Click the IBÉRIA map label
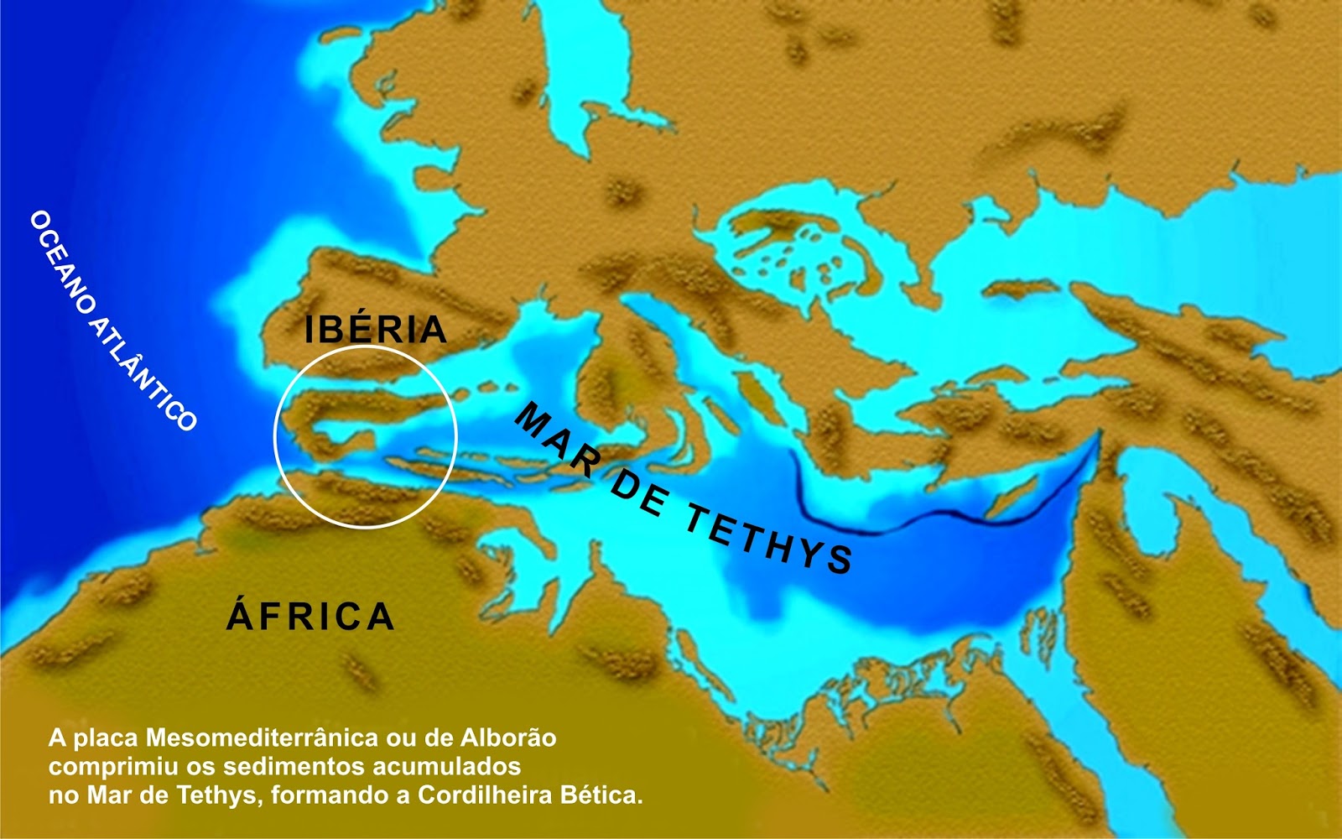click(375, 329)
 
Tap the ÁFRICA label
click(310, 616)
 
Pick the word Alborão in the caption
click(508, 738)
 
